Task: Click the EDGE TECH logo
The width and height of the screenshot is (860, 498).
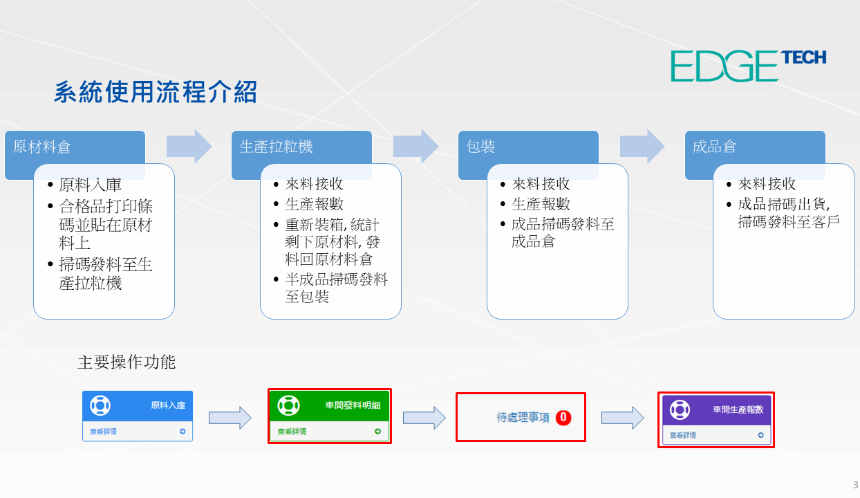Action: tap(748, 66)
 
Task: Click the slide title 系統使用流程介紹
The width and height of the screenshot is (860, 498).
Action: tap(155, 92)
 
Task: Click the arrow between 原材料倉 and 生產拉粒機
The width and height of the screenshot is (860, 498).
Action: tap(189, 147)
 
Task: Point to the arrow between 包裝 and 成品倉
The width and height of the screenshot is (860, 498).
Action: tap(642, 147)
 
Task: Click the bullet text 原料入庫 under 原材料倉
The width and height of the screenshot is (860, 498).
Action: tap(91, 185)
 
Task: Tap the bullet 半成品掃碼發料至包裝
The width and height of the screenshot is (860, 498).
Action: tap(336, 288)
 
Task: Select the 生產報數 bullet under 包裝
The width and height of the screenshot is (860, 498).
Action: tap(541, 204)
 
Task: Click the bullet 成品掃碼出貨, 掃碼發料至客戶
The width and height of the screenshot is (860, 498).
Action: tap(789, 213)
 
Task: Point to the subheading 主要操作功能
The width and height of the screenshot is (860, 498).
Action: tap(127, 362)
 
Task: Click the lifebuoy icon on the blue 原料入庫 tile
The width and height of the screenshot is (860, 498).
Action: tap(100, 405)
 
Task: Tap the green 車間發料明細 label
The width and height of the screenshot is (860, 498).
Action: tap(353, 405)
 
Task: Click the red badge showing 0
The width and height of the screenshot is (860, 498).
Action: tap(563, 417)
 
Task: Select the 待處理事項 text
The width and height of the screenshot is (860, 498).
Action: tap(523, 417)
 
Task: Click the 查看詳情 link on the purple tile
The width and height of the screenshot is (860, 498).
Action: tap(682, 435)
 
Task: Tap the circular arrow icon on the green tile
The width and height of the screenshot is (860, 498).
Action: tap(377, 432)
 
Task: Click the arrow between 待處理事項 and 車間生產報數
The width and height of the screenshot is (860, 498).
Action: tap(622, 418)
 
